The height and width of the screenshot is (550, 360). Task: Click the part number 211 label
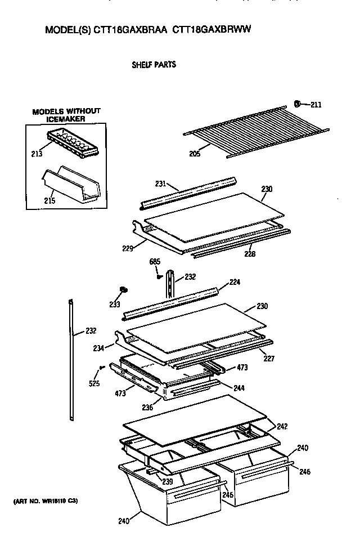(316, 104)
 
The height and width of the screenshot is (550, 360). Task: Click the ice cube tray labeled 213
(73, 143)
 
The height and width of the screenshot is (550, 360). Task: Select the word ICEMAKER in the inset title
(66, 119)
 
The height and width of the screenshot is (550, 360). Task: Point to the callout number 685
(155, 262)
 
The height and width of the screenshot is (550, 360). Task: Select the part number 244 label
(240, 388)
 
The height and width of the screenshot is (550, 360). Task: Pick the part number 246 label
(304, 472)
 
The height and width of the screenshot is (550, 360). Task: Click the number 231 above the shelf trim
(160, 184)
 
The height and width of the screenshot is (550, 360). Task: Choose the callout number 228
(250, 254)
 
